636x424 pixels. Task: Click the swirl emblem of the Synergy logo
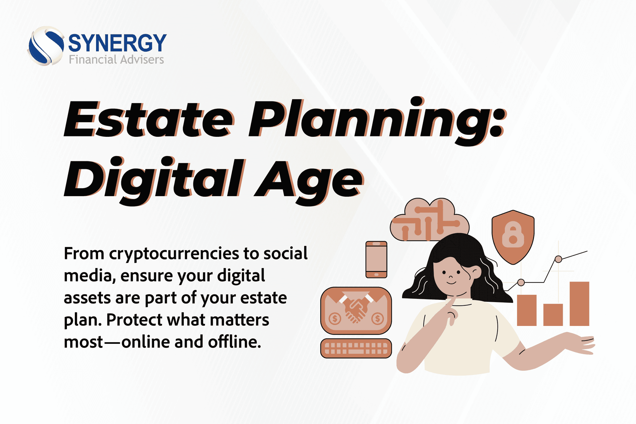pos(46,46)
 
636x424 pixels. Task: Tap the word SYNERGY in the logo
pos(117,43)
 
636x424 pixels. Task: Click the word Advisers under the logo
pos(142,60)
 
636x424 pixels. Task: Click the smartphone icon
pos(376,260)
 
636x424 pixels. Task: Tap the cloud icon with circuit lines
pos(430,220)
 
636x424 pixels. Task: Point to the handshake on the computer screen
pos(356,310)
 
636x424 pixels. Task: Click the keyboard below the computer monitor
pos(356,348)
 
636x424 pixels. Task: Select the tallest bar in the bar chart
pos(579,304)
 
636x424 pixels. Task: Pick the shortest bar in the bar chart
pos(553,315)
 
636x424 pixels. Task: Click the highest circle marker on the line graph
pos(558,259)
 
